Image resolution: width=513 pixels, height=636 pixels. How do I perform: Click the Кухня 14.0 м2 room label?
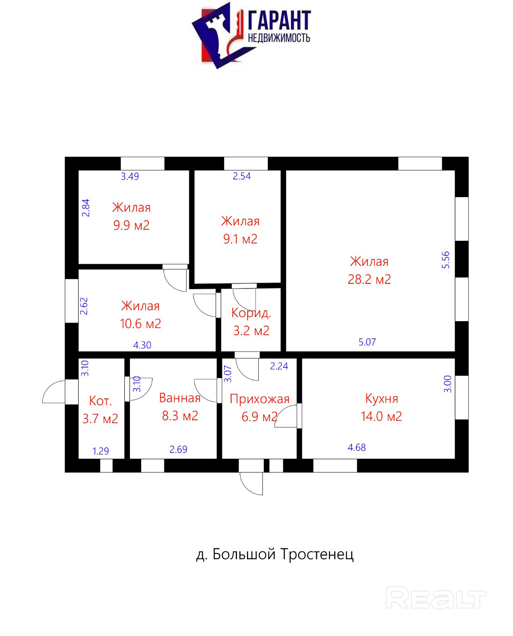click(381, 407)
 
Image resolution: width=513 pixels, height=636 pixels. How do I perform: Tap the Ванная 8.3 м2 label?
click(180, 407)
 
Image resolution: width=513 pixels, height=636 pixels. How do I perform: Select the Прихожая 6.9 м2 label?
click(259, 407)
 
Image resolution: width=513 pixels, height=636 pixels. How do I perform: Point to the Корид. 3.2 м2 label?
click(251, 322)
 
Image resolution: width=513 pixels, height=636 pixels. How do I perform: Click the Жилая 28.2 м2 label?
click(369, 270)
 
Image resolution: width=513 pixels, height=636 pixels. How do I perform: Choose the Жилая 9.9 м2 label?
click(131, 216)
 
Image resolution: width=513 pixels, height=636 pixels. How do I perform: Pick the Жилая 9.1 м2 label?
click(240, 230)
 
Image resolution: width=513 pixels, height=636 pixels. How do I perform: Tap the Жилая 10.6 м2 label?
click(140, 315)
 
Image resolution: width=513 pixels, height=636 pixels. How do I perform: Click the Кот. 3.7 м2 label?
click(100, 409)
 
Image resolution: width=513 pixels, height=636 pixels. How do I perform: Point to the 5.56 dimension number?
click(446, 260)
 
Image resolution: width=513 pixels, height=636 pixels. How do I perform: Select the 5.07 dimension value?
click(367, 342)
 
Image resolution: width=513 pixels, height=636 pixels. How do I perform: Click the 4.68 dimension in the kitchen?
click(357, 447)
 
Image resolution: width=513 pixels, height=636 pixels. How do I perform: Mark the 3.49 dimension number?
click(130, 176)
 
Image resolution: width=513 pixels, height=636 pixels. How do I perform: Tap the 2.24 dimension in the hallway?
click(279, 366)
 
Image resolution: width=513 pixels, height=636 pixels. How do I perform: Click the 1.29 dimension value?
click(101, 451)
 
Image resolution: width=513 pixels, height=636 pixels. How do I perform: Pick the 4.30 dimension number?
click(142, 345)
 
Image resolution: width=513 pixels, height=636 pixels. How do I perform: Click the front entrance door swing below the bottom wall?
click(251, 483)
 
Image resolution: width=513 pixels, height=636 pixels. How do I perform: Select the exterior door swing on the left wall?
click(54, 392)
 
